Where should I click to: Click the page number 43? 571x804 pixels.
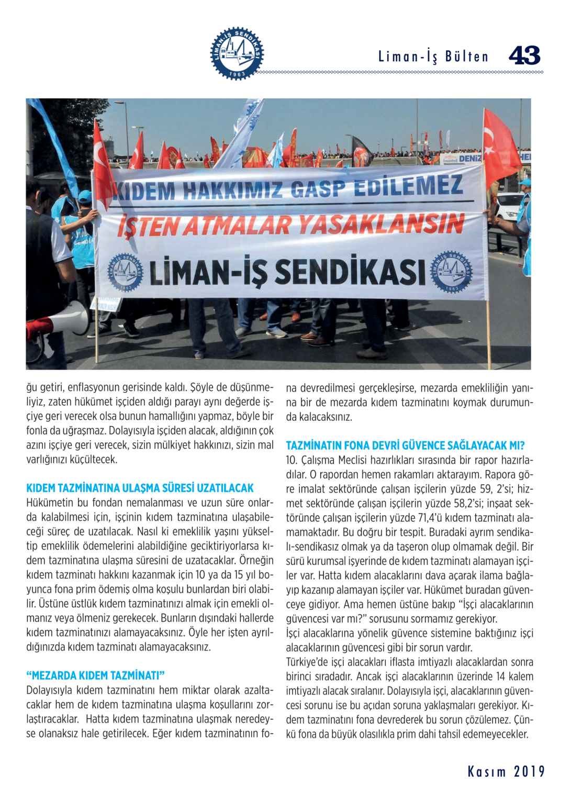point(524,55)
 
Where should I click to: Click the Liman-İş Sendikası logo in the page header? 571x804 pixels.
point(237,53)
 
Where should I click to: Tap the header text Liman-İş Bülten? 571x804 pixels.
point(433,57)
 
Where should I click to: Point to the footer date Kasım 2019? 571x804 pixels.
point(506,772)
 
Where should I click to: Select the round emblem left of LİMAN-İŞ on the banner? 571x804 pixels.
point(125,272)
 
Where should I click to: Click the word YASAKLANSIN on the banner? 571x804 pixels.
point(381,225)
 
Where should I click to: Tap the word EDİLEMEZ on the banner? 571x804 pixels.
point(408,186)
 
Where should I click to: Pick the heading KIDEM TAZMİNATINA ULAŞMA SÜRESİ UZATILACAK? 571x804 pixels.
point(140,488)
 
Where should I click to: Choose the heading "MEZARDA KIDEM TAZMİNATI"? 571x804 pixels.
point(95,675)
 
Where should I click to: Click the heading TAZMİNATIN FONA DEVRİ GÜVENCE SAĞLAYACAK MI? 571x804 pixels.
point(405,445)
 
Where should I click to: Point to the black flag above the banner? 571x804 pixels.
point(361,150)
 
